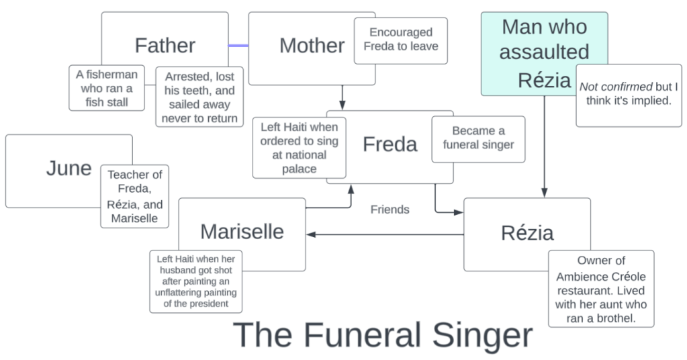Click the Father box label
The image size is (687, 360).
(165, 45)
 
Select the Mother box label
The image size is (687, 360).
(312, 45)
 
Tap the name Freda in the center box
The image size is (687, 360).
(390, 144)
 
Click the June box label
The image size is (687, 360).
(68, 168)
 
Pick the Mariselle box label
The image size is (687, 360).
(242, 231)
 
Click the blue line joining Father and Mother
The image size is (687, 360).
(238, 46)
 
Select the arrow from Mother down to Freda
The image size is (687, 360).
(342, 97)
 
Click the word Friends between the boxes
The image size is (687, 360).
(390, 210)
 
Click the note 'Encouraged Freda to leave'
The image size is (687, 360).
(400, 40)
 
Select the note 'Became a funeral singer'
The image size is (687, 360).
(478, 138)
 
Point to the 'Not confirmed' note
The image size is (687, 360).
(629, 93)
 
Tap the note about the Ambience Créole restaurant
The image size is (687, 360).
(601, 289)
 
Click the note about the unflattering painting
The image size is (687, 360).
(196, 281)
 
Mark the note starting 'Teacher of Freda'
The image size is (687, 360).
(135, 196)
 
